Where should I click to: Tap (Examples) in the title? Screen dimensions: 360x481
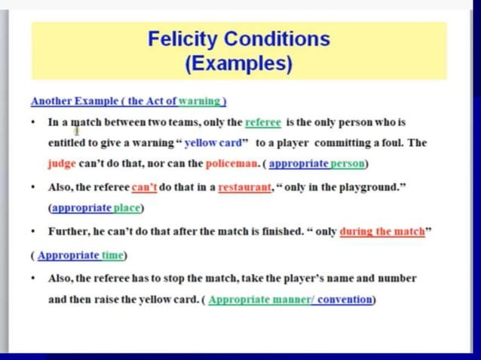point(238,63)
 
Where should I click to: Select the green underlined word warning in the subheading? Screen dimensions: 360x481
point(200,101)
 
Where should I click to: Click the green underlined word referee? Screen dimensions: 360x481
point(263,121)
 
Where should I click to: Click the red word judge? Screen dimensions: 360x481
point(62,163)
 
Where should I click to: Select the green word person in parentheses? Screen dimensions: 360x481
point(348,163)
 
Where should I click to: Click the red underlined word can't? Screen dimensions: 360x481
point(144,187)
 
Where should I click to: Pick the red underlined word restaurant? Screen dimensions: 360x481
point(244,187)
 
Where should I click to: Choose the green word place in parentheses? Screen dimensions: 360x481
point(127,208)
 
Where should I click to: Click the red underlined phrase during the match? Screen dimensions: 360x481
point(382,231)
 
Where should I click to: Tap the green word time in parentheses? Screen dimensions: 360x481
point(113,255)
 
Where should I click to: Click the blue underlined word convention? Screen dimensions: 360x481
point(345,299)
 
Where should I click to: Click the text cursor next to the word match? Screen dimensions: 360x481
point(78,130)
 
